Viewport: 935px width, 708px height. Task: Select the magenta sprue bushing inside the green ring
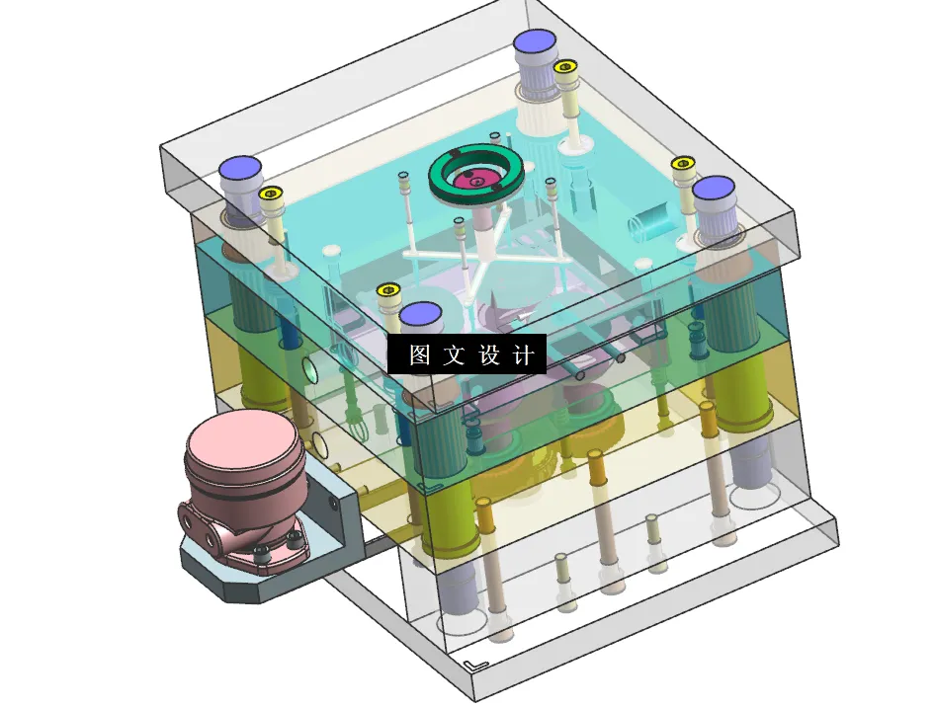(477, 178)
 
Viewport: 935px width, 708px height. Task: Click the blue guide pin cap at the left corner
(240, 168)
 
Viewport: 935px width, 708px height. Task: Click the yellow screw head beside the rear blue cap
(565, 67)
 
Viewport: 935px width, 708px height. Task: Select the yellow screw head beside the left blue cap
(271, 194)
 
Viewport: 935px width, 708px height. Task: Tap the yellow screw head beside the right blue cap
(683, 163)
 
